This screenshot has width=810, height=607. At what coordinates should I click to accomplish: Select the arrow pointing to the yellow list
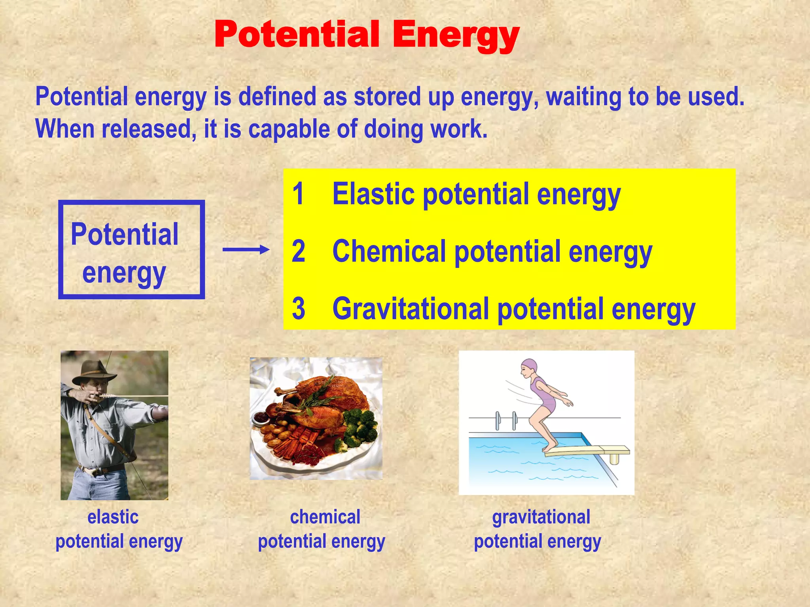pyautogui.click(x=246, y=249)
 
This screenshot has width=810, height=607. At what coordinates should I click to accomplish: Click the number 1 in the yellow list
pyautogui.click(x=298, y=194)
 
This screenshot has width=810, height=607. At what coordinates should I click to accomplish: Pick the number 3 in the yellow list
pyautogui.click(x=299, y=309)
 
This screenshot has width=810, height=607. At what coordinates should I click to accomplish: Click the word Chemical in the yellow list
pyautogui.click(x=389, y=251)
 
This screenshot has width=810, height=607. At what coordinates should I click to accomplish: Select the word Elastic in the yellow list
pyautogui.click(x=374, y=194)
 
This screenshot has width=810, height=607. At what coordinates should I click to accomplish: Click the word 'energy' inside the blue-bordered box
pyautogui.click(x=124, y=273)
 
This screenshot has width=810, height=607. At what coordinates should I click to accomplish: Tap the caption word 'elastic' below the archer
pyautogui.click(x=113, y=517)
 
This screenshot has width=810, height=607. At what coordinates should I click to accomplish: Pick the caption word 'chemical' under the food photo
pyautogui.click(x=325, y=517)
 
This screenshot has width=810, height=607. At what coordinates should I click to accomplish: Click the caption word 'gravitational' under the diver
pyautogui.click(x=541, y=517)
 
